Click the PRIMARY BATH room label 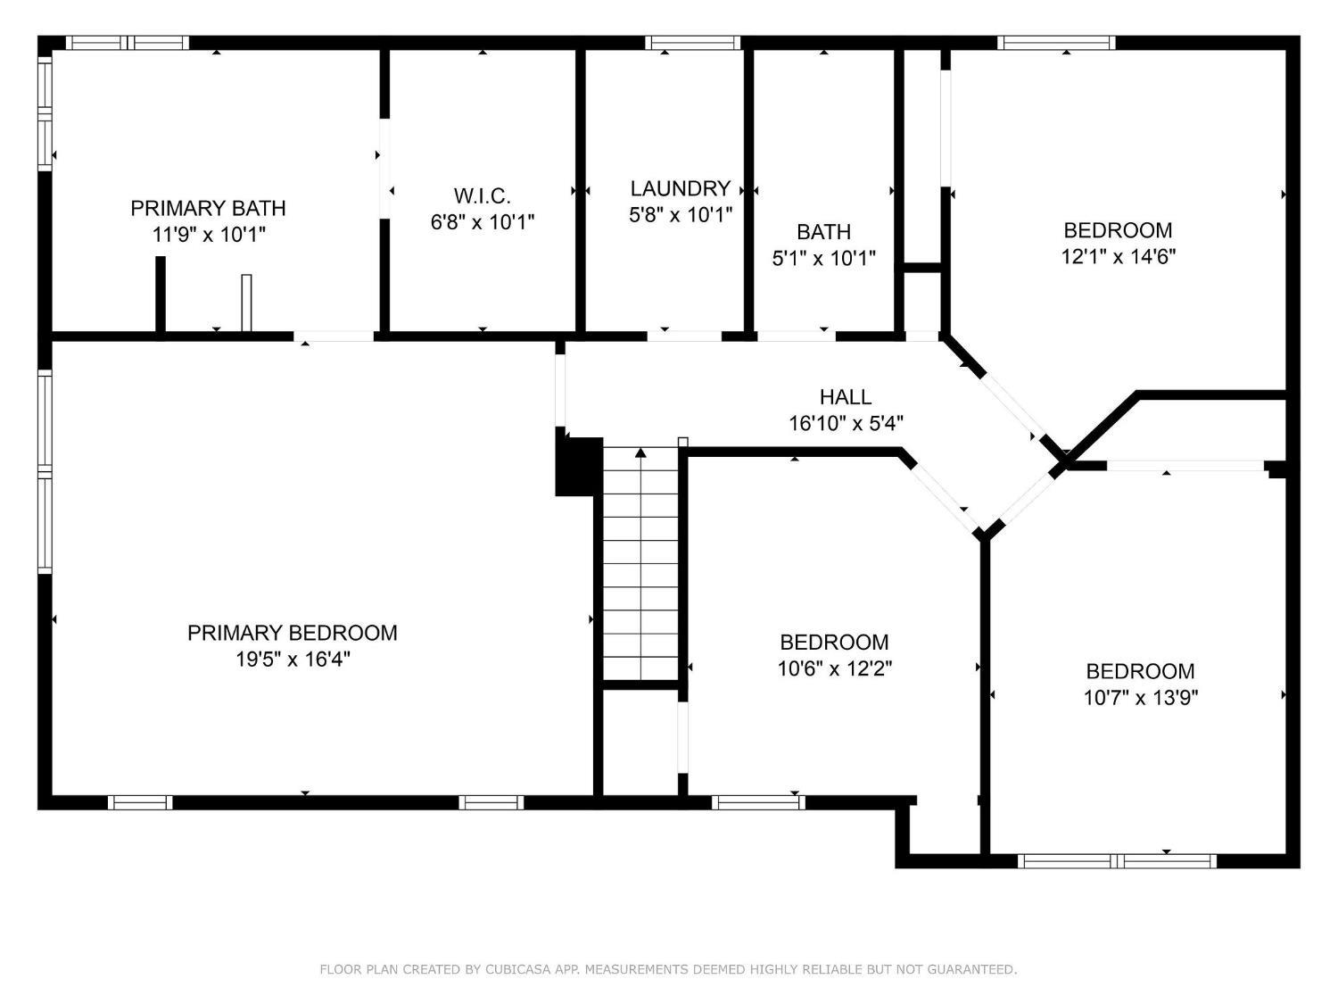click(x=208, y=209)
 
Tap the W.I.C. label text click(x=483, y=196)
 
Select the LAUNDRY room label click(x=681, y=189)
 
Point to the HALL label click(x=846, y=397)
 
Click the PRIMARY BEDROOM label click(x=292, y=633)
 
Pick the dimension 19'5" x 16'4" click(x=293, y=659)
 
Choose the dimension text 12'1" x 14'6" click(x=1118, y=257)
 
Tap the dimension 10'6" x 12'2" click(x=835, y=668)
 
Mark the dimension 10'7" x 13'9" click(x=1141, y=697)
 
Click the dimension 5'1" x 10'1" click(x=823, y=259)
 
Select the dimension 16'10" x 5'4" click(x=846, y=423)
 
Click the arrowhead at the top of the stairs click(x=640, y=452)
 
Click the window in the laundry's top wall click(x=692, y=43)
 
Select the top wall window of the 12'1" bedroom click(x=1056, y=43)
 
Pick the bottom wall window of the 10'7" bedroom click(x=1117, y=861)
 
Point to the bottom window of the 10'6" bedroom click(x=758, y=803)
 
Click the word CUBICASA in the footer click(x=516, y=969)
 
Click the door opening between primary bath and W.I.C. click(x=384, y=169)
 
